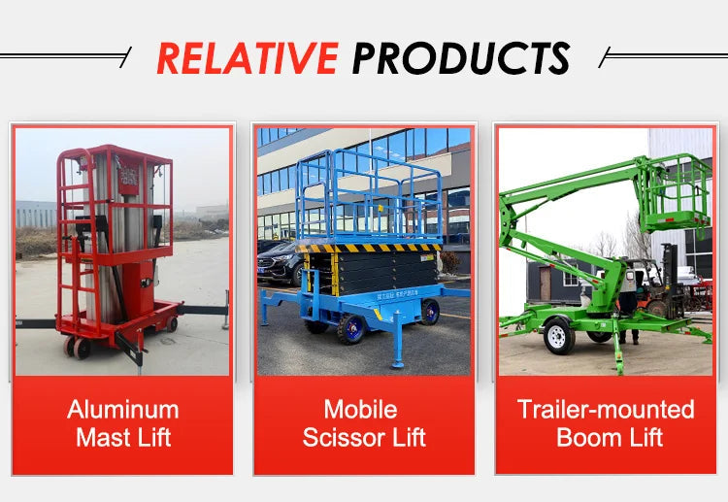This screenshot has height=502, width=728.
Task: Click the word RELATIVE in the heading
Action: [x=247, y=57]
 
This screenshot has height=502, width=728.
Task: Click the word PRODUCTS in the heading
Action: [x=460, y=57]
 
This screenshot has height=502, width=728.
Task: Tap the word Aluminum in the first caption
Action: [x=122, y=409]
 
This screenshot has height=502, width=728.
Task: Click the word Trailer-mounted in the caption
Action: [x=606, y=409]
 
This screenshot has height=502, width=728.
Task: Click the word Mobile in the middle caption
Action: [x=361, y=409]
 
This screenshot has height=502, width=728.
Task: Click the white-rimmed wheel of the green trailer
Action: [x=559, y=337]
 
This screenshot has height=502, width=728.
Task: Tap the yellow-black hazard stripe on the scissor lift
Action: [x=369, y=248]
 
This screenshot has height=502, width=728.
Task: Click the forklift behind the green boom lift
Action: [x=670, y=282]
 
